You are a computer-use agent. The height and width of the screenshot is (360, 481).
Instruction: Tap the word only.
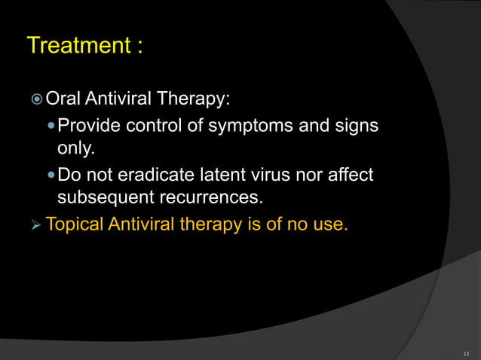(75, 148)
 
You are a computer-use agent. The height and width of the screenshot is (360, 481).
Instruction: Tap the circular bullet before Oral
(36, 100)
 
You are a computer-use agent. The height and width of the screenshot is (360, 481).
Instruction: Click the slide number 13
(466, 351)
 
